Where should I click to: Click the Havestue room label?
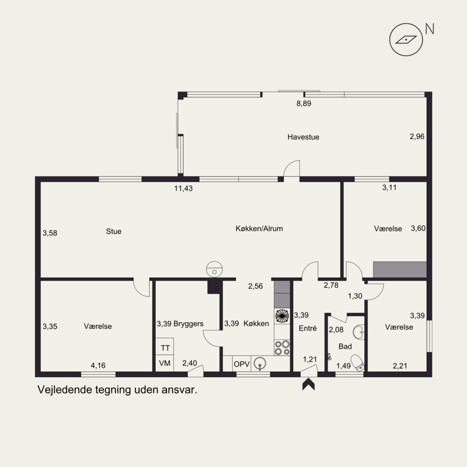pos(303,137)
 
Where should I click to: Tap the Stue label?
pos(113,231)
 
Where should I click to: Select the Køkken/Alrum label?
pos(259,228)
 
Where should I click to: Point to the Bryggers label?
pos(188,324)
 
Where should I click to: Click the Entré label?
pos(308,328)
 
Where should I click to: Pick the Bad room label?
pos(345,346)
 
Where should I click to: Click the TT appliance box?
pos(165,346)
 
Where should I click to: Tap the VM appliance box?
pos(165,363)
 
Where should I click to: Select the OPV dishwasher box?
pos(242,364)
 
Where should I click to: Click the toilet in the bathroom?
pos(358,363)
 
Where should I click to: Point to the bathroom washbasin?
pos(359,332)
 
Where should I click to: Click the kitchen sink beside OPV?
pos(260,364)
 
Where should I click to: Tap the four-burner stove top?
pos(282,347)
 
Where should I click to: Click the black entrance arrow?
pos(309,384)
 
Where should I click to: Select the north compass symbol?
pos(406,40)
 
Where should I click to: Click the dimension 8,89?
pos(304,103)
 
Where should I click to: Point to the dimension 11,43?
pos(183,188)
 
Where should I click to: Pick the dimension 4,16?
pos(98,365)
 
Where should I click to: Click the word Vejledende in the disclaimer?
pos(65,390)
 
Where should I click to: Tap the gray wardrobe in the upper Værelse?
pos(400,270)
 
